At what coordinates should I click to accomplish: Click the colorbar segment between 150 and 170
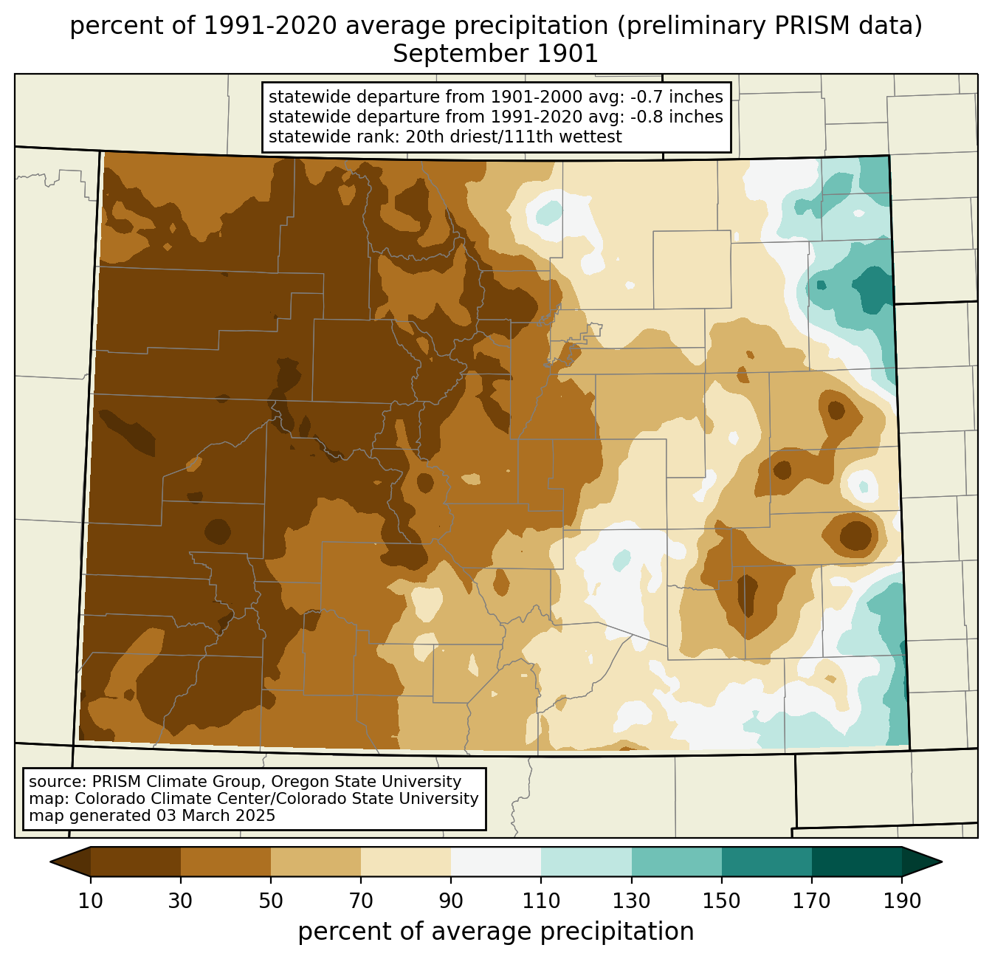pyautogui.click(x=767, y=862)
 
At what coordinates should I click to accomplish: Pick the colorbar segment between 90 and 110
pyautogui.click(x=496, y=862)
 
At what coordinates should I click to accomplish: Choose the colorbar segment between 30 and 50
pyautogui.click(x=226, y=862)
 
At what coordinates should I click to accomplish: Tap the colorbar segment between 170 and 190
pyautogui.click(x=857, y=862)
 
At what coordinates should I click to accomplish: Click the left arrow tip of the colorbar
pyautogui.click(x=50, y=862)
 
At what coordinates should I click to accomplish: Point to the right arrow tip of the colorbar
pyautogui.click(x=942, y=862)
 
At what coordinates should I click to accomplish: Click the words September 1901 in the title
pyautogui.click(x=495, y=54)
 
